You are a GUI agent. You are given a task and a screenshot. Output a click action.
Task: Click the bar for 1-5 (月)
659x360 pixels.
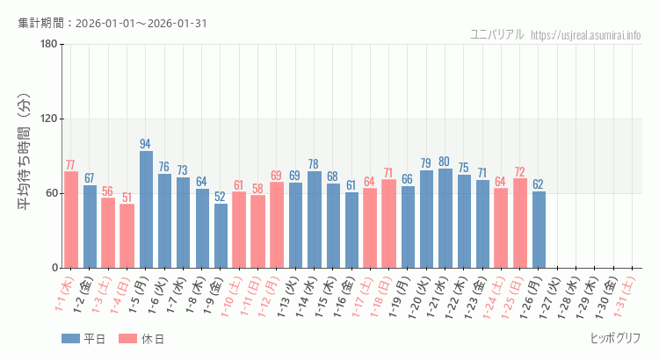[146, 209]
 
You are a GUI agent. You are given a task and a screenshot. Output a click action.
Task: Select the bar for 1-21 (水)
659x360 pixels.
[445, 218]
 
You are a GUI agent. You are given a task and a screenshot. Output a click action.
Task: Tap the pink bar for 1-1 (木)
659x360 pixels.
[71, 220]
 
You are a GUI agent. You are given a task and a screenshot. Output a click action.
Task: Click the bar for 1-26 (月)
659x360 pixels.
[539, 229]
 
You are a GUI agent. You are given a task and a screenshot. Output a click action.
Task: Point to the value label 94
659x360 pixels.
[146, 144]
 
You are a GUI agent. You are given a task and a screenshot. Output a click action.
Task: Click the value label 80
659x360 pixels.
[445, 162]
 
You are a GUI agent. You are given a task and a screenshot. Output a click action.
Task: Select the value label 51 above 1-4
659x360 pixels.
[127, 198]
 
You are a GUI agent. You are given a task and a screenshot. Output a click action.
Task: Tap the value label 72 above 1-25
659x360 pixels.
[519, 171]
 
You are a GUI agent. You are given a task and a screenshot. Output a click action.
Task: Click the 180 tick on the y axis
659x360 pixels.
[47, 45]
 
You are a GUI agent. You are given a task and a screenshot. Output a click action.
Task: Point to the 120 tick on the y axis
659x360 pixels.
[47, 119]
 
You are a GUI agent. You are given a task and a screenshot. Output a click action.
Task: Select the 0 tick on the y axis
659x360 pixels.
[54, 268]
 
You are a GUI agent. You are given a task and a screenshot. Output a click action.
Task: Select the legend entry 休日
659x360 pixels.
[141, 339]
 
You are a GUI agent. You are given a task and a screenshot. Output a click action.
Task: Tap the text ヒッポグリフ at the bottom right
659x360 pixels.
[615, 338]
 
